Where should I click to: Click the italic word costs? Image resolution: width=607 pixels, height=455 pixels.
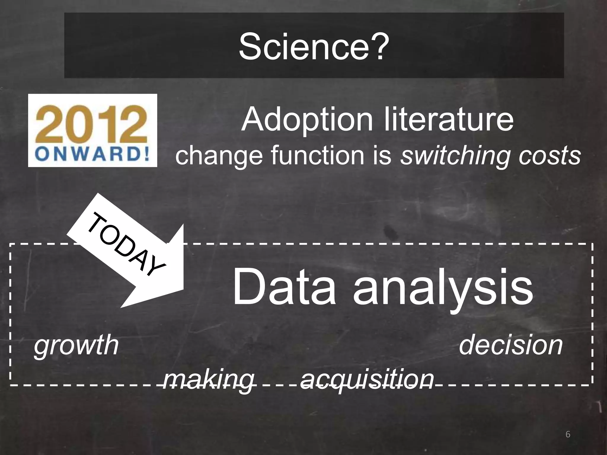[550, 156]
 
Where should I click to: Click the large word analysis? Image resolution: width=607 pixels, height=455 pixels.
[443, 289]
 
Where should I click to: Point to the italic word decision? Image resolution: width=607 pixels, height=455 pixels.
[510, 345]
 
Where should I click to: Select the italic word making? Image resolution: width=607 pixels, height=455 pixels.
[209, 380]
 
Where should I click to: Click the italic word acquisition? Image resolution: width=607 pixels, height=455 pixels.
[367, 380]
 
